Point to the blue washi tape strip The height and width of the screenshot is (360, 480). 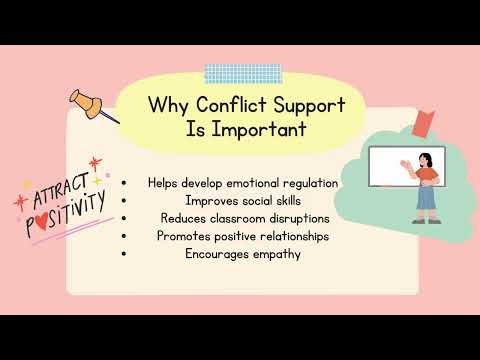point(230,73)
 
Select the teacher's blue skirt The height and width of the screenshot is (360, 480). point(427,198)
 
